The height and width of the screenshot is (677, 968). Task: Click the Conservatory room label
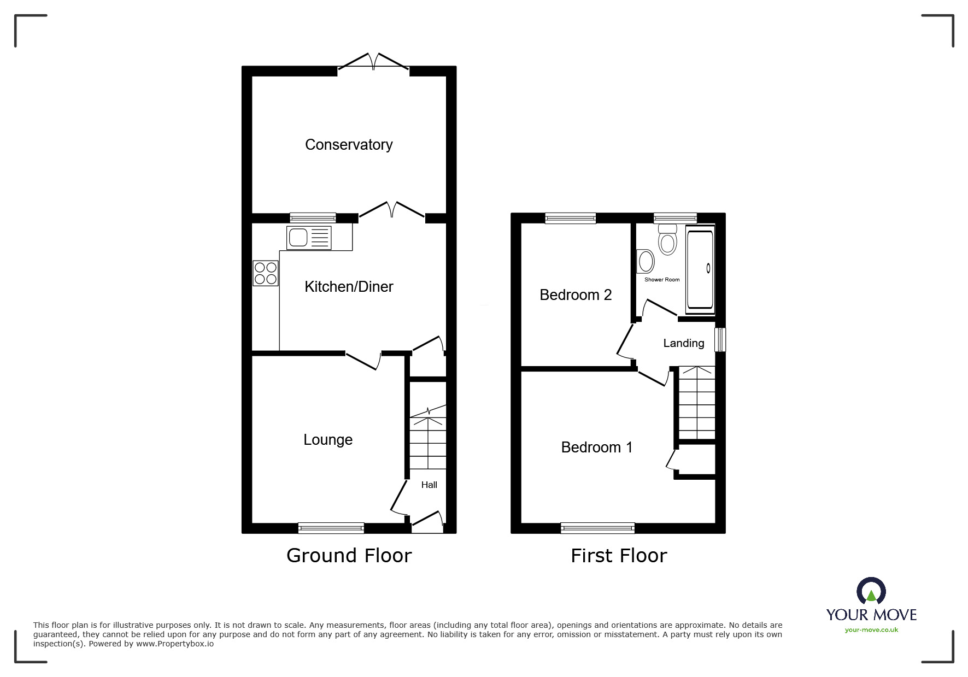(349, 145)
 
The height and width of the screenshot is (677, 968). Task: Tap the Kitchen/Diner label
(349, 287)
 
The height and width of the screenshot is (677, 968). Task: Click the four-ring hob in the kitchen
(266, 273)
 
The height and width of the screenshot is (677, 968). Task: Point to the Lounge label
(328, 440)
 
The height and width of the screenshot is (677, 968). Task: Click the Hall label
(429, 485)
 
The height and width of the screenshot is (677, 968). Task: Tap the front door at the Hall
(427, 522)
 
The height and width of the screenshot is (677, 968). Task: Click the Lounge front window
(331, 528)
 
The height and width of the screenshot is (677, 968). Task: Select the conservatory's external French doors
(373, 62)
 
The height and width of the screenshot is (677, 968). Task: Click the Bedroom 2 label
(576, 295)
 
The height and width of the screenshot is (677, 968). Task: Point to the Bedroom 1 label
(597, 448)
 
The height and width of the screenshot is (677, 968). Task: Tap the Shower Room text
(662, 280)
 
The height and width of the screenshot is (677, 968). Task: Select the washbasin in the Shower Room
(646, 262)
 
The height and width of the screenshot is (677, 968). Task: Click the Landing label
(684, 343)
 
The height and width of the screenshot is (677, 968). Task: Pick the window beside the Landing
(720, 339)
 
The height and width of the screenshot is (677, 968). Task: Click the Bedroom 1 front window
(597, 528)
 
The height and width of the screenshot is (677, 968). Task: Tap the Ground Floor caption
(349, 556)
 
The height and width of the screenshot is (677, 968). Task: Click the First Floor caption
(619, 556)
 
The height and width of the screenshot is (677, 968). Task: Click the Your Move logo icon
(871, 592)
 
